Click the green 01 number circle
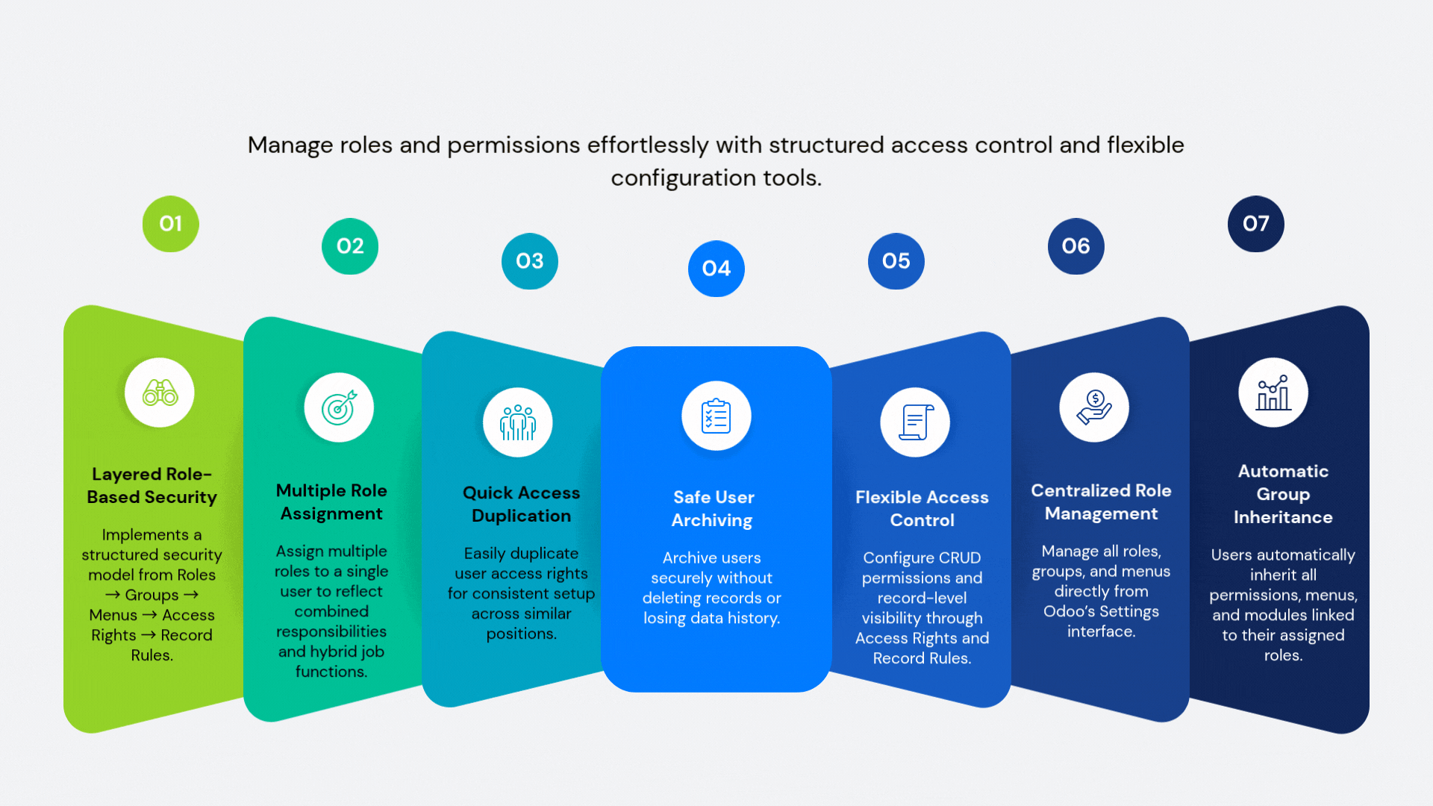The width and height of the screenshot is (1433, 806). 171,224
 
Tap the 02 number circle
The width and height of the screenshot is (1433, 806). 350,246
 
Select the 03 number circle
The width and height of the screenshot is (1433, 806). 530,261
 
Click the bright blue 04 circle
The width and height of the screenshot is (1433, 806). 716,269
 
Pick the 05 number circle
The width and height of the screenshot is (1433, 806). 896,261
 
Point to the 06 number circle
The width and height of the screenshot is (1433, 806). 1076,246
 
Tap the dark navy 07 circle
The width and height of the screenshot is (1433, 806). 1256,224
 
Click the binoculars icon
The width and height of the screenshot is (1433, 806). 160,393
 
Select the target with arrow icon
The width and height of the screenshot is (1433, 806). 339,407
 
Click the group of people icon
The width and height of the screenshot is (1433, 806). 518,422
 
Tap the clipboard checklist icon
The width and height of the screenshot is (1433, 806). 716,416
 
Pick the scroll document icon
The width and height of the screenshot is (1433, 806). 915,422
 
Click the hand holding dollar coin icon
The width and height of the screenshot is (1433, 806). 1094,407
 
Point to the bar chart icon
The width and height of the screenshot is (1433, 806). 1273,393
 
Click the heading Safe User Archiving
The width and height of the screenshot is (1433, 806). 713,508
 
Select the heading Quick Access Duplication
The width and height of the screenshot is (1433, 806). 521,504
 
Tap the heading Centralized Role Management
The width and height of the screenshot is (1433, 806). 1101,502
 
